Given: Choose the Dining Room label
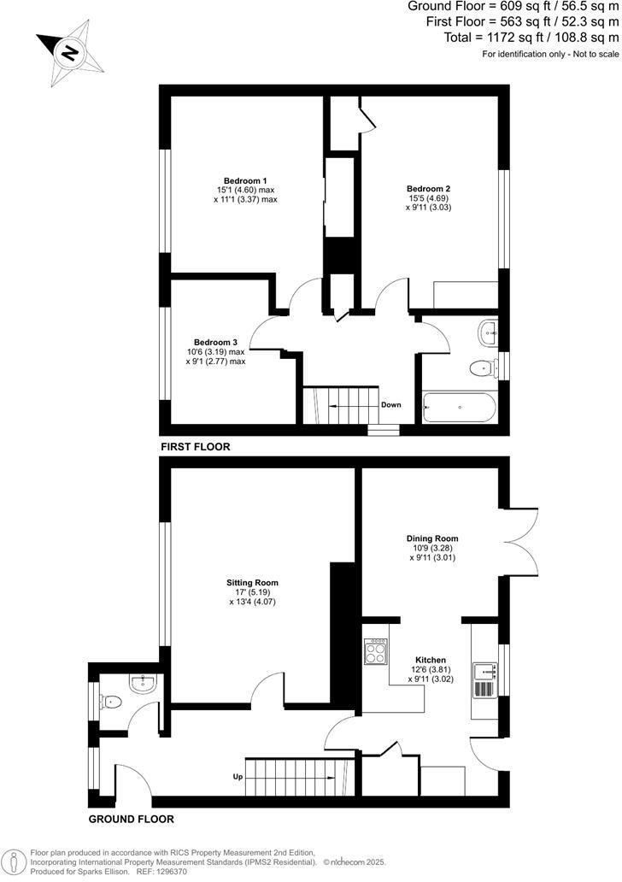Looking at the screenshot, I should coord(431,538).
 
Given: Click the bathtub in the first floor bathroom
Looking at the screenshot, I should coord(458,409).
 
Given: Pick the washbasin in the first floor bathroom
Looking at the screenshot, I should coord(489,332).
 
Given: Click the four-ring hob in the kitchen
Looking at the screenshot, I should coord(376,652).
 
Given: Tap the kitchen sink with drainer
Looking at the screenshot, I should coord(485,676).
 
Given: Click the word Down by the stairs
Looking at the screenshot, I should coord(390,405).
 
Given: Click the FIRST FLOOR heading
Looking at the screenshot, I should coord(195,447).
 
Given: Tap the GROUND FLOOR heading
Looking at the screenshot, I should coord(132,819).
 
